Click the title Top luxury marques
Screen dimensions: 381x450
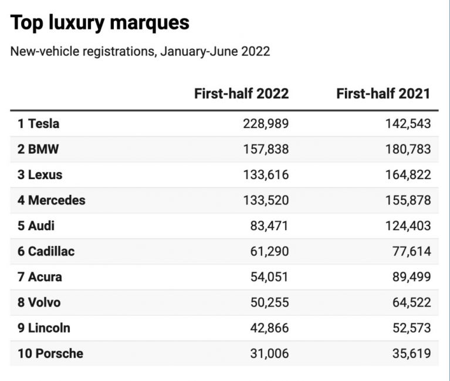[100, 22]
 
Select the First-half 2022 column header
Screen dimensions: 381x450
[241, 93]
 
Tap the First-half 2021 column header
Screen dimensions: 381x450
[383, 93]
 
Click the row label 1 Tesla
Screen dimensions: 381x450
[38, 124]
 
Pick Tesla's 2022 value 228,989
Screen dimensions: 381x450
[266, 124]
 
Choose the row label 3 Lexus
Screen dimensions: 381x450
[39, 175]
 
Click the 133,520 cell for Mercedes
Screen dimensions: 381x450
[266, 200]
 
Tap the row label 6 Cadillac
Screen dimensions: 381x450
[46, 251]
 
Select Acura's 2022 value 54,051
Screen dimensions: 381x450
[270, 277]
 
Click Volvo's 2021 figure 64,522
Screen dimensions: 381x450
[412, 302]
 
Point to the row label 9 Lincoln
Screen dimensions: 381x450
[44, 328]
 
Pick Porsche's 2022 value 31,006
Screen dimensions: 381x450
[270, 353]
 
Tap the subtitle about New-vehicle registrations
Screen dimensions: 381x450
[140, 51]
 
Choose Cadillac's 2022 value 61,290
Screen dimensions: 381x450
[270, 251]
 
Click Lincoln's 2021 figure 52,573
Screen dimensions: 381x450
[412, 328]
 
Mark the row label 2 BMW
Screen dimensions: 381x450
[38, 149]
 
